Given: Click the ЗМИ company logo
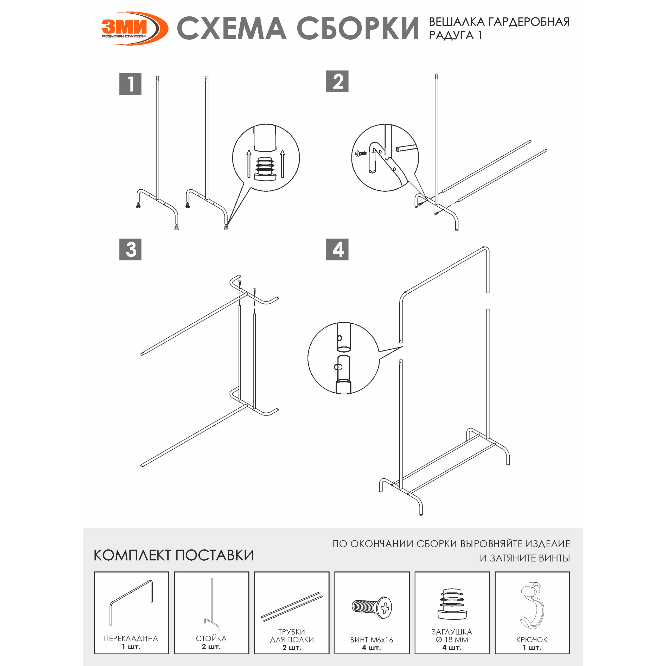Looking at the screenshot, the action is point(135,28).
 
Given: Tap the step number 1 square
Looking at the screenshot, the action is point(130,84).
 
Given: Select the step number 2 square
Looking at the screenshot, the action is point(337,81).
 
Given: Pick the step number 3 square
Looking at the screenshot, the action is point(130,249).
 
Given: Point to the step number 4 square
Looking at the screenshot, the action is point(337,249).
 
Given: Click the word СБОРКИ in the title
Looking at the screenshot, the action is point(358,28).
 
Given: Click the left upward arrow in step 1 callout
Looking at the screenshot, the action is point(249,163).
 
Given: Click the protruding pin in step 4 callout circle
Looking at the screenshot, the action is point(338,367).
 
